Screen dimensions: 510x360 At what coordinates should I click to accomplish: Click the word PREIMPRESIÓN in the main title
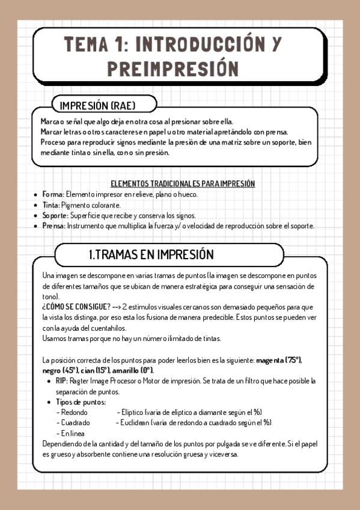click(x=172, y=67)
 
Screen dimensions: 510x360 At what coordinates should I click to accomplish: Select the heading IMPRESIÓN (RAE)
click(x=97, y=106)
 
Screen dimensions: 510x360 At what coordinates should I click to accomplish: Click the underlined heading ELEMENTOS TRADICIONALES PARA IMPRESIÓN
click(x=183, y=183)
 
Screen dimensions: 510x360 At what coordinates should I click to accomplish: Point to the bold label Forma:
click(x=53, y=195)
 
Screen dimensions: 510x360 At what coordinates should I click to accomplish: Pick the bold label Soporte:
click(x=55, y=215)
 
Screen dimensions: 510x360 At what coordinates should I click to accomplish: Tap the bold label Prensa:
click(x=54, y=226)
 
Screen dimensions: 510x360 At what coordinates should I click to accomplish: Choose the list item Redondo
click(x=73, y=413)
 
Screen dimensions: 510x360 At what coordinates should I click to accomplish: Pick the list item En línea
click(x=72, y=433)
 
